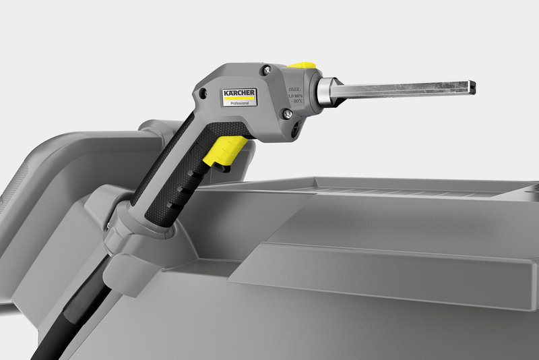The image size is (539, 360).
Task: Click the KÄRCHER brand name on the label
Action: tap(240, 93)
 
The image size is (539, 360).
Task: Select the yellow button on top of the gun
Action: tap(302, 66)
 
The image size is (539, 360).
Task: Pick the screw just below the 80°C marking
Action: tap(288, 115)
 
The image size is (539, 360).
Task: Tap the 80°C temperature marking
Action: tap(296, 104)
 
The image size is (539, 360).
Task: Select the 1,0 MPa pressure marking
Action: tap(295, 96)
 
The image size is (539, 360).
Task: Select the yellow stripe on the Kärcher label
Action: tap(239, 99)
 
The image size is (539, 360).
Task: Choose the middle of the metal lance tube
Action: tap(404, 89)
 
